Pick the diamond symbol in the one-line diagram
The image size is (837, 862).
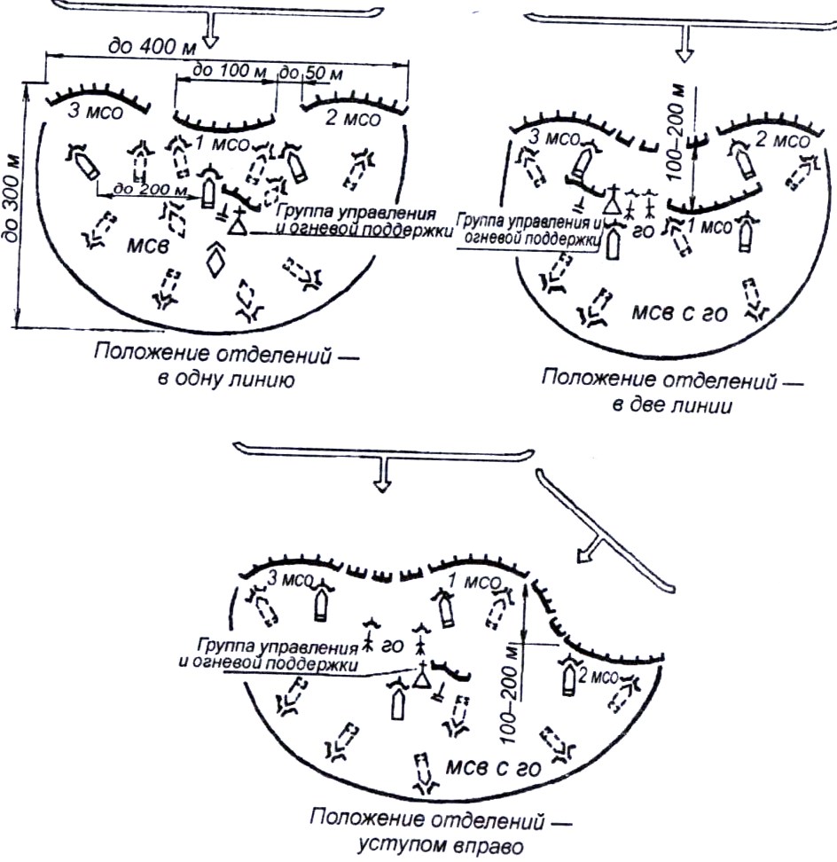pos(215,260)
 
